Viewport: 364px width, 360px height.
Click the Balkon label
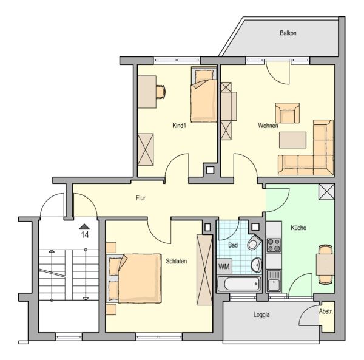288,33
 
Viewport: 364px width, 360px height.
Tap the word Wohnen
268,126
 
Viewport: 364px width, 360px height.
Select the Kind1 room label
179,126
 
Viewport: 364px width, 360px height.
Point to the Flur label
141,198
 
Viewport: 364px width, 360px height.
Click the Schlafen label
177,261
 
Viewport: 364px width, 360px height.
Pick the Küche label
298,228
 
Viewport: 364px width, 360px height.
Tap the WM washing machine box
224,267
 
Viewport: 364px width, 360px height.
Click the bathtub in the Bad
239,284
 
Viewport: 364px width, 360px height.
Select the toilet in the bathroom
254,242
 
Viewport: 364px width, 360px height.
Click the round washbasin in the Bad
256,265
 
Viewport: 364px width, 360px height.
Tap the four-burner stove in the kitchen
274,245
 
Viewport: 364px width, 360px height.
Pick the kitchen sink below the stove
274,281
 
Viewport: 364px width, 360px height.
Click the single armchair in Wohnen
287,113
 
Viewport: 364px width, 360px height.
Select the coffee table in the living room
292,140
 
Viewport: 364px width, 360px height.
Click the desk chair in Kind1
161,92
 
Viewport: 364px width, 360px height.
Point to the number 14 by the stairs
85,234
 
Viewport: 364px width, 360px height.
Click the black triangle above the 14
84,226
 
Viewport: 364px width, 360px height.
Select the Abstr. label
326,311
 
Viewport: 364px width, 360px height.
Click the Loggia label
261,314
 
